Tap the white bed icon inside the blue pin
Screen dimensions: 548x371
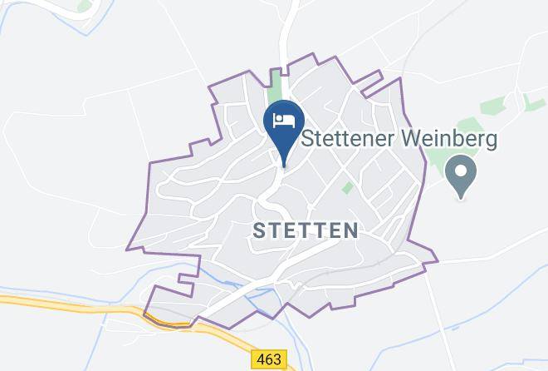[284, 120]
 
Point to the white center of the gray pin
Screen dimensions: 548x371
[461, 172]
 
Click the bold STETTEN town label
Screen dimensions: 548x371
[306, 230]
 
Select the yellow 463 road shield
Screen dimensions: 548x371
[270, 359]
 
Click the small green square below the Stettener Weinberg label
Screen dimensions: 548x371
[347, 189]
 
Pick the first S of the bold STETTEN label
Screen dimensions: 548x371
[258, 230]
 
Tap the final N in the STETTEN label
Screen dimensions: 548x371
[351, 230]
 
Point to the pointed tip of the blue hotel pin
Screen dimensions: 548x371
[284, 164]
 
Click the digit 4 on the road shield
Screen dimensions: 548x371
[261, 359]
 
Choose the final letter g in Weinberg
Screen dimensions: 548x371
[491, 140]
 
